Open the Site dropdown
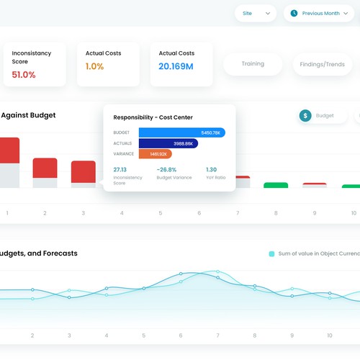pos(256,13)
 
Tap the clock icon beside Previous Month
pos(294,13)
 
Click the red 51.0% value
pos(24,74)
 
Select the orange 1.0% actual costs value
pos(94,66)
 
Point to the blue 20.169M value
pos(176,66)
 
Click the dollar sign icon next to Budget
pos(305,115)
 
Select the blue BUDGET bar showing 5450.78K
pos(181,132)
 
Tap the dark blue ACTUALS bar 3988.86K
pos(168,143)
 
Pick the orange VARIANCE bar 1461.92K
pos(155,154)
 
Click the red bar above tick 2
pos(45,168)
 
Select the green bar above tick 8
pos(275,185)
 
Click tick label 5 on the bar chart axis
pos(160,213)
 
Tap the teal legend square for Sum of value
pos(271,253)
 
